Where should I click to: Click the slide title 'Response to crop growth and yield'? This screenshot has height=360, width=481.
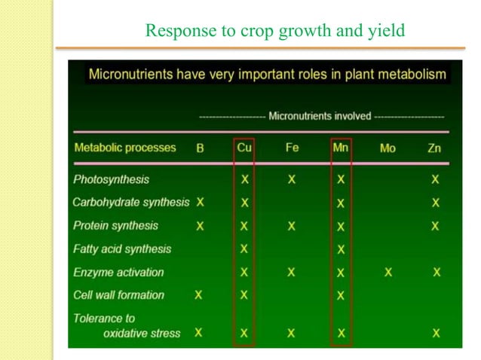275,31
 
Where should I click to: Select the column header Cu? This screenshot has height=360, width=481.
244,148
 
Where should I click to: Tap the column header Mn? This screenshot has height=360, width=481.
340,148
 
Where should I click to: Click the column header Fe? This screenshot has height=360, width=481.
292,148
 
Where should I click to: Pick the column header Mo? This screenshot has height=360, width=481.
388,148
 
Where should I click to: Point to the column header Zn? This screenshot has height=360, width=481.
434,148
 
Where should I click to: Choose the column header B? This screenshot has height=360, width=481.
200,148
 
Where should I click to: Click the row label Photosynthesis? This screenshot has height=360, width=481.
111,179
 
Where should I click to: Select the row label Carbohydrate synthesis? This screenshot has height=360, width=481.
131,203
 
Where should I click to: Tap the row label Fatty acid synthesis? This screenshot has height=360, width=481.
122,249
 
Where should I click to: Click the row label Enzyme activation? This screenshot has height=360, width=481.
118,272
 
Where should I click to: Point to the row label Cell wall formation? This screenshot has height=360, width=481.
118,295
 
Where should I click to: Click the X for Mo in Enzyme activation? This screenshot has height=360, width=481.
388,272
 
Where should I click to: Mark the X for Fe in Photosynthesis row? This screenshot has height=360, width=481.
292,180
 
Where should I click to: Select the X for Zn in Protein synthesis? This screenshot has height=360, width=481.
435,226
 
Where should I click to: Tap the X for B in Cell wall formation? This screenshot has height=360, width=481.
199,295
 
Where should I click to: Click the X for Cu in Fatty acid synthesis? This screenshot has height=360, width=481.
244,249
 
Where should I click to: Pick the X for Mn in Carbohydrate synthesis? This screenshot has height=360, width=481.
340,203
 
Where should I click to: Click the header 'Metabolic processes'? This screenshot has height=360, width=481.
125,148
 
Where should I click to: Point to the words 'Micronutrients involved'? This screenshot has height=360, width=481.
320,116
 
